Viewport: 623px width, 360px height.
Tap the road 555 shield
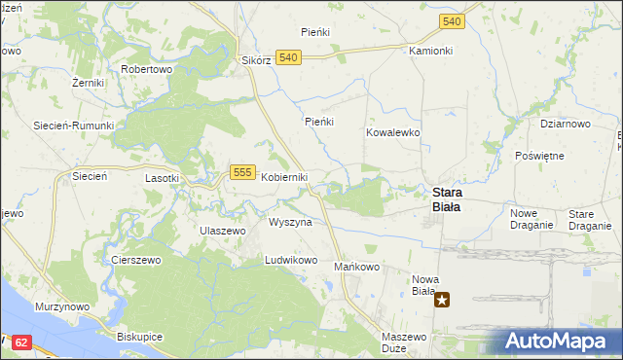pyautogui.click(x=243, y=172)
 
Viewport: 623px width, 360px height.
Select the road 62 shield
pyautogui.click(x=23, y=343)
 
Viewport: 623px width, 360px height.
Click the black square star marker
pyautogui.click(x=443, y=300)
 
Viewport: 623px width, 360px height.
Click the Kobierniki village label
pyautogui.click(x=284, y=177)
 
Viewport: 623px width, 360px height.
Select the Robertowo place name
pyautogui.click(x=146, y=70)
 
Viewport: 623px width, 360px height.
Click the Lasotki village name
pyautogui.click(x=162, y=178)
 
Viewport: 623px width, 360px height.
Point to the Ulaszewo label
pyautogui.click(x=222, y=230)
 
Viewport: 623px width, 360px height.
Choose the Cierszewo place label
pyautogui.click(x=135, y=261)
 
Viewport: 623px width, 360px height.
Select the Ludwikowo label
pyautogui.click(x=292, y=261)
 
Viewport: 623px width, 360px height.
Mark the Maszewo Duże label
pyautogui.click(x=404, y=342)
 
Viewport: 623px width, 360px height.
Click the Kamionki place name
pyautogui.click(x=431, y=50)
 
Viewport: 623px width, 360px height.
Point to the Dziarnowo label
pyautogui.click(x=566, y=124)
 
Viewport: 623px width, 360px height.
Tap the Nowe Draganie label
pyautogui.click(x=531, y=219)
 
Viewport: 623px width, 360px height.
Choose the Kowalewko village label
pyautogui.click(x=392, y=131)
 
